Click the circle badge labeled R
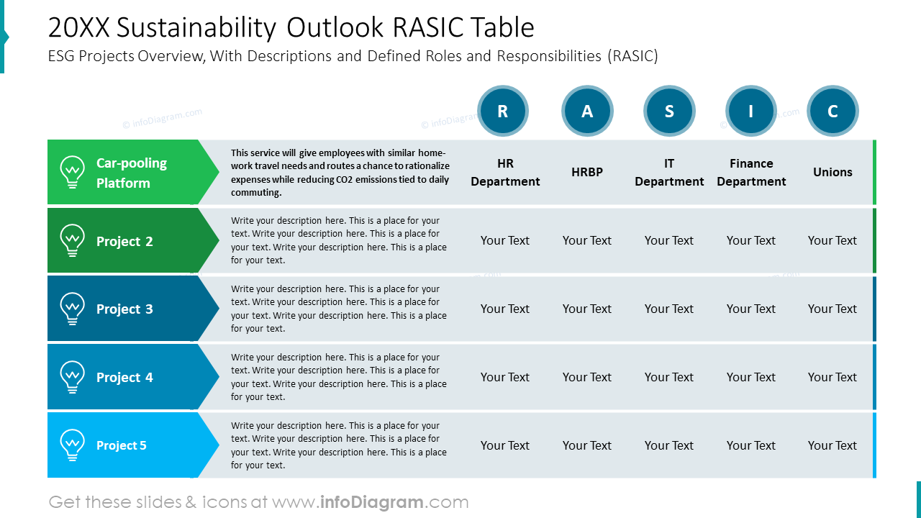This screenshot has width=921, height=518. tap(503, 111)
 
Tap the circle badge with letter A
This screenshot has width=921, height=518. tap(587, 111)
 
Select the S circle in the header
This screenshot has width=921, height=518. tap(669, 111)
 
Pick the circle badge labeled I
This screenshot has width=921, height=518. tap(750, 111)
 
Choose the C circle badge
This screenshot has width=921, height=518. tap(832, 111)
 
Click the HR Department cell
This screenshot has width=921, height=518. tap(505, 172)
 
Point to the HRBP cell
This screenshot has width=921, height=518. tap(587, 172)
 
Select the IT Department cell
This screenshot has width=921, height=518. tap(669, 172)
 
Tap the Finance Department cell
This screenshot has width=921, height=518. tap(751, 172)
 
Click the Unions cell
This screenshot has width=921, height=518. tap(832, 172)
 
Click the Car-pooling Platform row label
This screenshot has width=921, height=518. tap(132, 173)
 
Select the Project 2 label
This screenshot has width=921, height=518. tap(124, 241)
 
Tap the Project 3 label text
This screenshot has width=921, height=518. tap(124, 309)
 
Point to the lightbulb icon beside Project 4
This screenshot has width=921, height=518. tap(73, 378)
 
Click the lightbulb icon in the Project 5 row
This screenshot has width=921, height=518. tap(73, 445)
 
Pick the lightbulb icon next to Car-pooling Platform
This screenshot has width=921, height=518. tap(73, 172)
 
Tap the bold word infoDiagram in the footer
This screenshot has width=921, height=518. tap(372, 502)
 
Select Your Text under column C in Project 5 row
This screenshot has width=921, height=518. tap(832, 445)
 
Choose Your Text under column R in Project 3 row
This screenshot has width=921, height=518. tap(505, 309)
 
